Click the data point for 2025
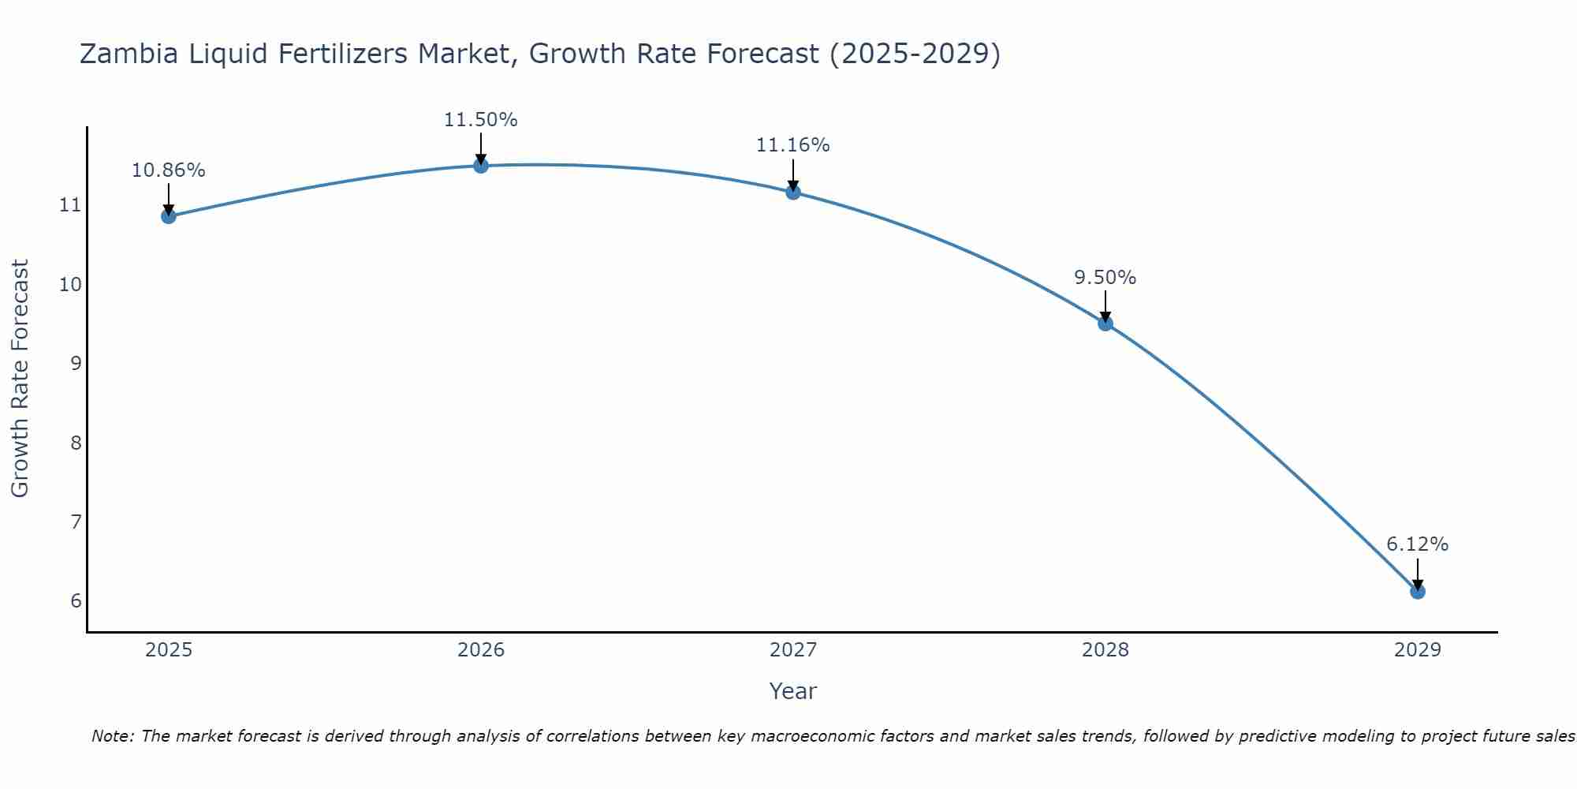click(168, 216)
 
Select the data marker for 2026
click(480, 165)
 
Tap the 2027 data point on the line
click(792, 192)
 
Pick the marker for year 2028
click(1105, 323)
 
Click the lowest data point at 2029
click(1417, 591)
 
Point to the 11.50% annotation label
click(480, 120)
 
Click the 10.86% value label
click(168, 170)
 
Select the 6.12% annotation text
click(1417, 544)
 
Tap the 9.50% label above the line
click(1105, 278)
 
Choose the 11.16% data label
click(792, 145)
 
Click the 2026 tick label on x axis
click(480, 650)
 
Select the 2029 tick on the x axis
click(1417, 650)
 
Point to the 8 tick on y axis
click(76, 443)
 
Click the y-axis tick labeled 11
click(71, 205)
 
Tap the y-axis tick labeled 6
click(76, 601)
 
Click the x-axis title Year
click(792, 691)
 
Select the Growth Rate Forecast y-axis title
click(20, 379)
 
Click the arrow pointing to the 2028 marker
click(1105, 305)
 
